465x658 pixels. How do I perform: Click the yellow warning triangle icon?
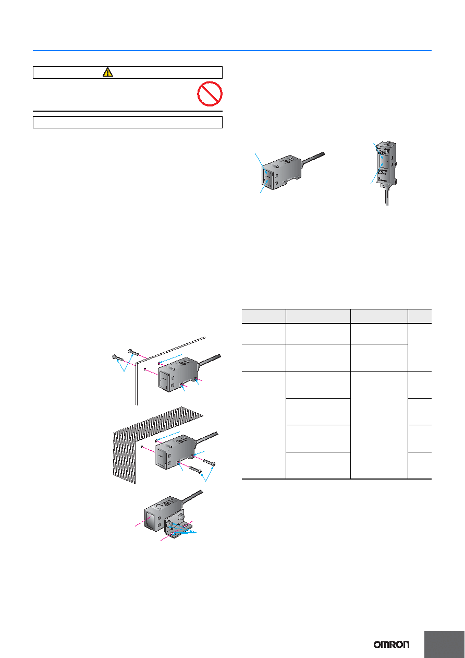[108, 72]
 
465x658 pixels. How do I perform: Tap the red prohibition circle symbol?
[210, 94]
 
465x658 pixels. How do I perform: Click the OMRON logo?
[391, 644]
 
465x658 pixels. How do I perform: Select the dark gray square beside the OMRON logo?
[444, 644]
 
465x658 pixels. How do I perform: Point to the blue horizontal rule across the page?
[232, 51]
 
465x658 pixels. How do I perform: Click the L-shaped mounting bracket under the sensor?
[176, 529]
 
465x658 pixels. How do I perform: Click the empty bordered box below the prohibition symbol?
[128, 122]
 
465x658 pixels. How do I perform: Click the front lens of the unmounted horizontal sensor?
[268, 178]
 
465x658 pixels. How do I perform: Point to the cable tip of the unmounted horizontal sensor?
[323, 153]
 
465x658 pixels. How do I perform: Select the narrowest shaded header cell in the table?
[420, 316]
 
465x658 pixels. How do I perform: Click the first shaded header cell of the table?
[264, 316]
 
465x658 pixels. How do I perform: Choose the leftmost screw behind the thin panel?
[118, 358]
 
